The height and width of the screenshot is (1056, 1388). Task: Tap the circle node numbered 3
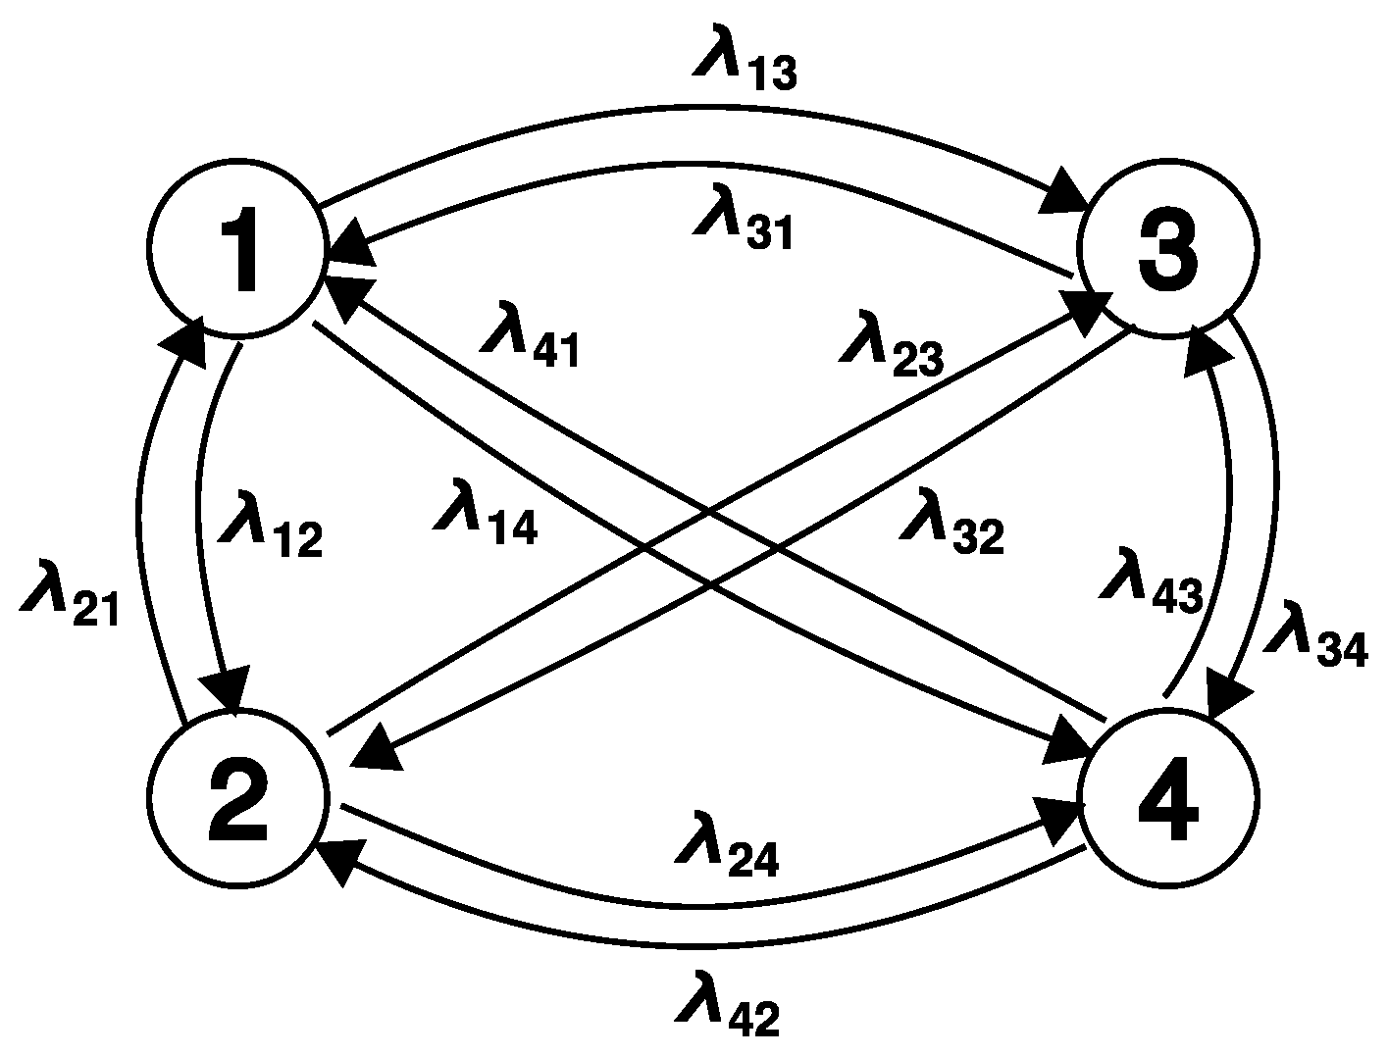(1166, 251)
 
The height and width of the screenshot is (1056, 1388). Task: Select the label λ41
(530, 338)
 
